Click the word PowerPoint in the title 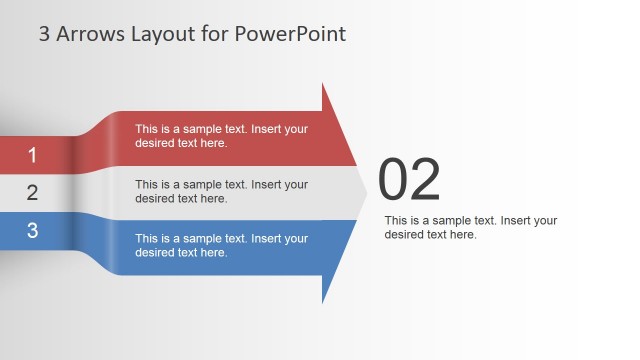tap(292, 34)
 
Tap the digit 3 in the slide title tap(44, 34)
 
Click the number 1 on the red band tap(32, 155)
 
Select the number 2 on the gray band tap(32, 193)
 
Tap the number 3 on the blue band tap(32, 230)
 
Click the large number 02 tap(409, 181)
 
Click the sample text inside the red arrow tap(221, 136)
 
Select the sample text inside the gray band tap(221, 191)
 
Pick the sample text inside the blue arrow tap(221, 245)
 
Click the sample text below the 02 tap(470, 227)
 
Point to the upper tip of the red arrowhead tap(323, 85)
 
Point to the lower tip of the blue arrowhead tap(323, 301)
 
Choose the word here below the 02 tap(461, 234)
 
